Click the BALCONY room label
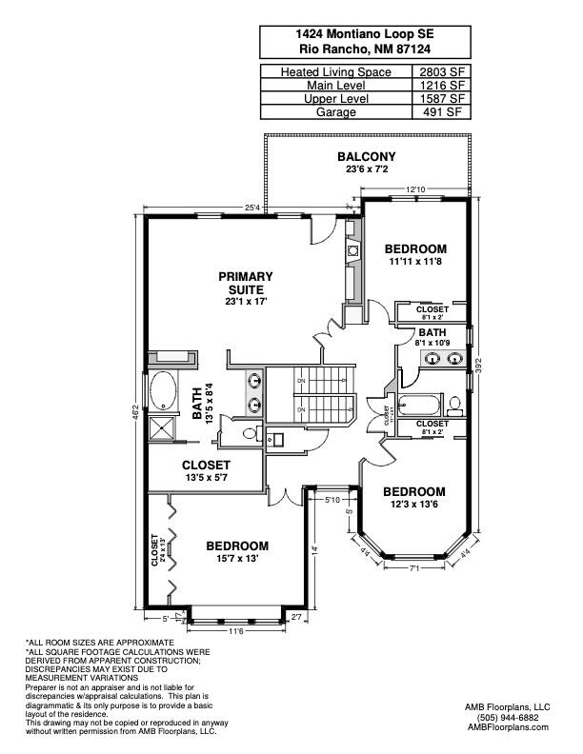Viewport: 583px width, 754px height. point(366,157)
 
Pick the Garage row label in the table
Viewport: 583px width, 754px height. point(339,111)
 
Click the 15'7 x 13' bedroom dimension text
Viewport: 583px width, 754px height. point(237,559)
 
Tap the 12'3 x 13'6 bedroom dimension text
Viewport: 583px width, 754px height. point(414,505)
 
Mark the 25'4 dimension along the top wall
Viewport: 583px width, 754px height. point(252,207)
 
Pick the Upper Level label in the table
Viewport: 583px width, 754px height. point(339,98)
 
